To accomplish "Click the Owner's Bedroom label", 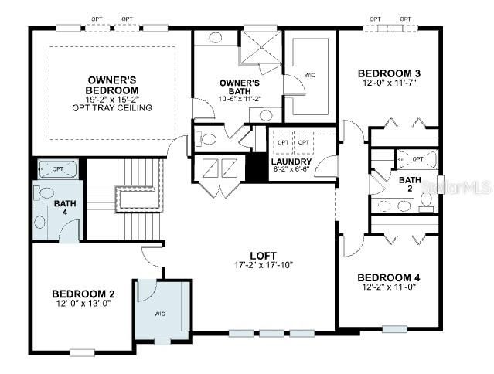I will tap(112, 84).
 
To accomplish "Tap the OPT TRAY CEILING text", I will tap(113, 107).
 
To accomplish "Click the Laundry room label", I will tap(292, 162).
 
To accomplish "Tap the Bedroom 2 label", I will tap(83, 294).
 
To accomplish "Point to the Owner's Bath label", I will tap(239, 87).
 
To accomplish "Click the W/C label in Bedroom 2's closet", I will tap(160, 314).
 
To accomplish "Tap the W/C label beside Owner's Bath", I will tap(309, 75).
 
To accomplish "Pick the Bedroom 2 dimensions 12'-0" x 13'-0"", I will tap(83, 304).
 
